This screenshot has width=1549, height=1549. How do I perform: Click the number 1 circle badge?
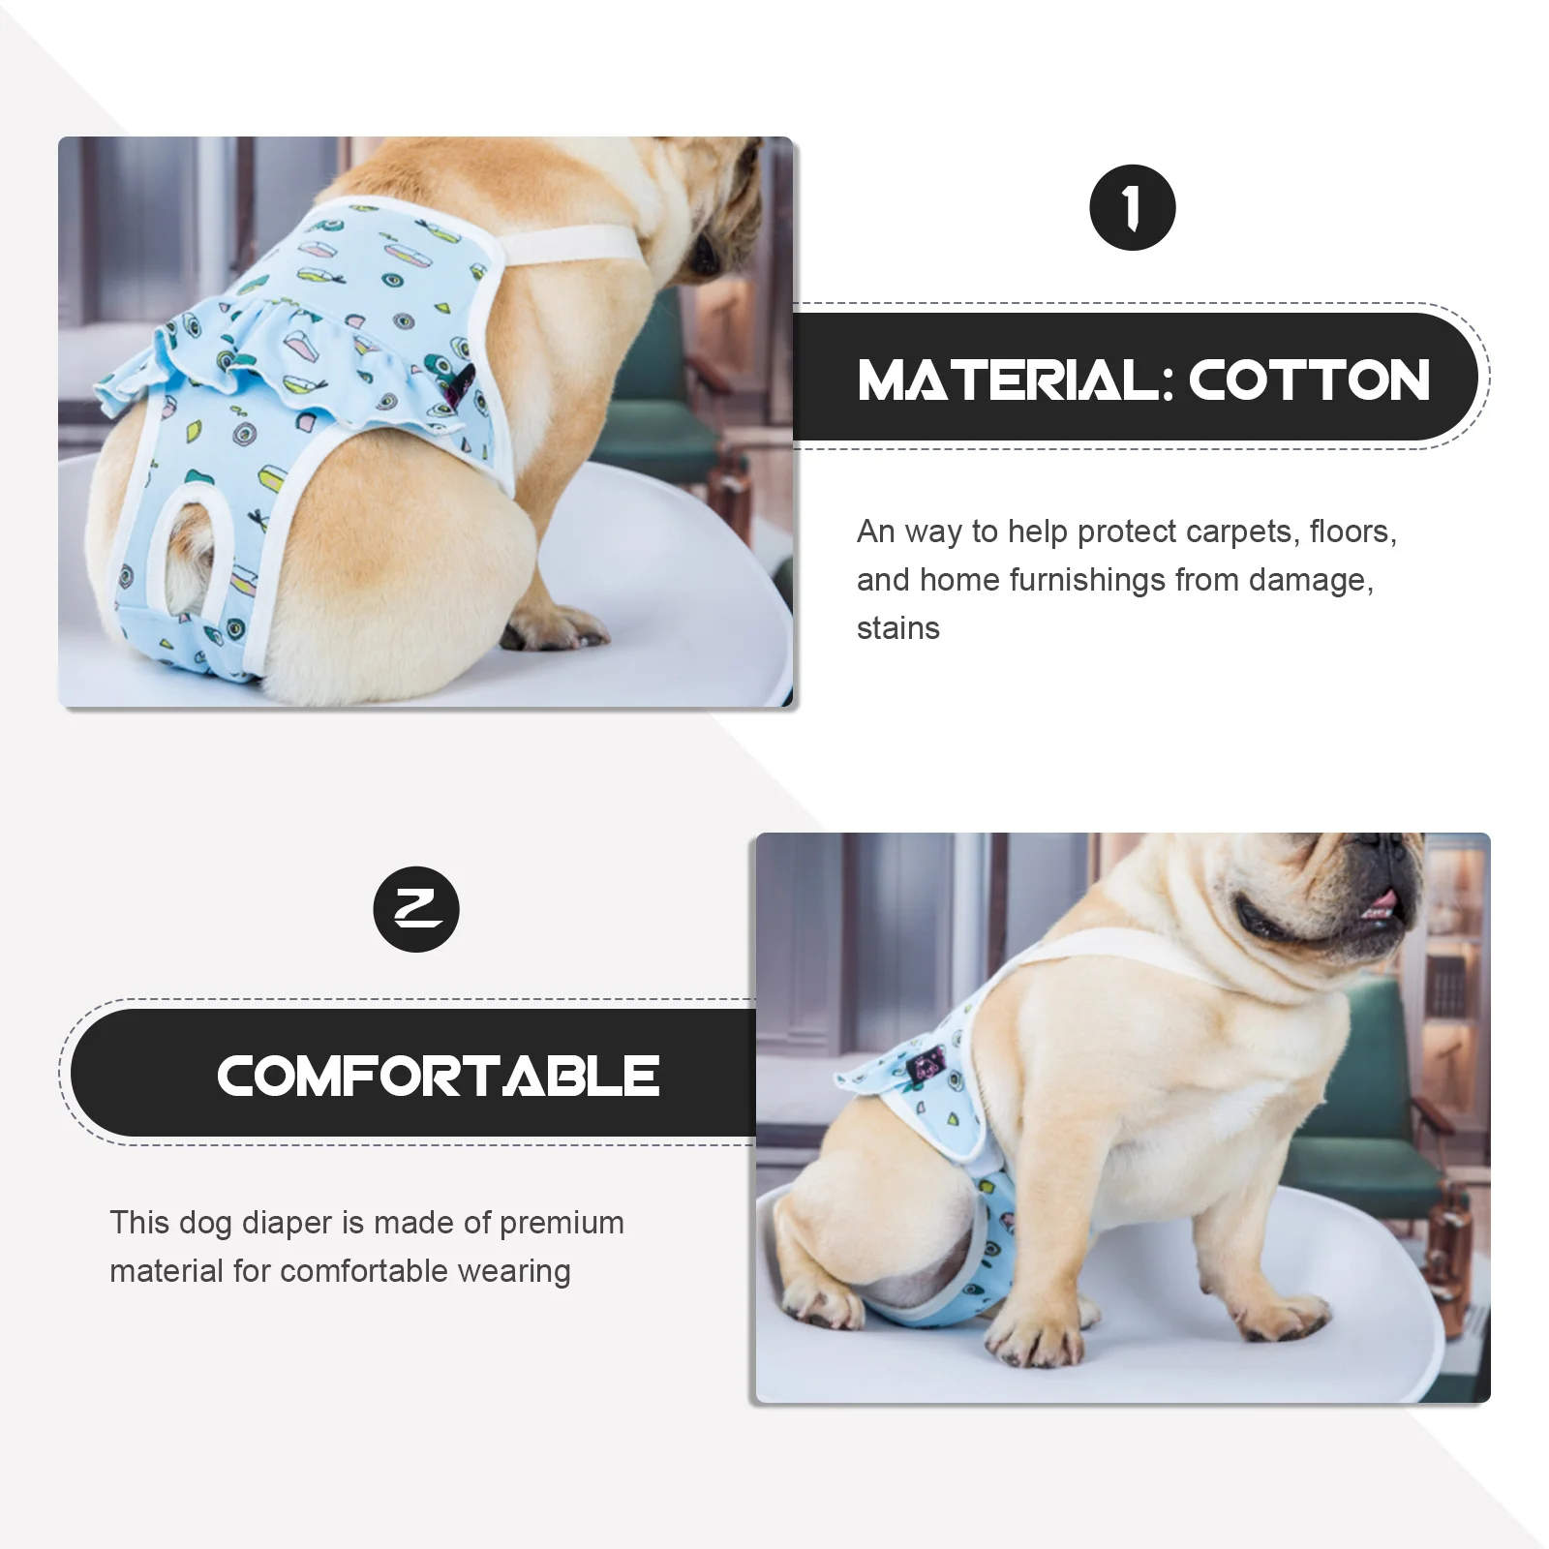coord(1132,208)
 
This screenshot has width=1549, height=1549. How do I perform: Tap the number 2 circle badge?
coord(416,909)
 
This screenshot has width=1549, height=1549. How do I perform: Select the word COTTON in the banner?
coord(1309,380)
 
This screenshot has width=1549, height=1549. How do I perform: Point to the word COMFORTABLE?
coord(438,1076)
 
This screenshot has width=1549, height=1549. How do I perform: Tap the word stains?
coord(897,628)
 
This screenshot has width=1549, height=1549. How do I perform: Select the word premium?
coord(562,1223)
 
